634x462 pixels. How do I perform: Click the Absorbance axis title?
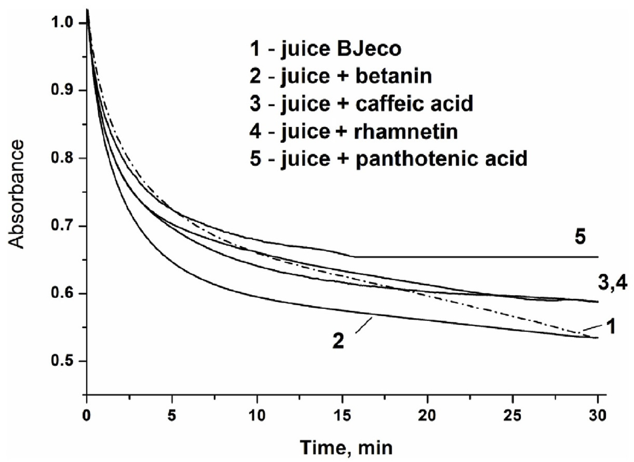(x=16, y=194)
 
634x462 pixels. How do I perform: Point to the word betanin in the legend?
(x=394, y=76)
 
